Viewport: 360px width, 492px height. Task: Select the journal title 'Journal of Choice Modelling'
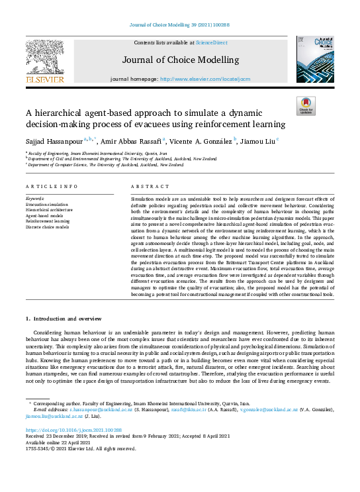click(x=180, y=59)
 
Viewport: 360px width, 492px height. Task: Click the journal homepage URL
click(x=206, y=78)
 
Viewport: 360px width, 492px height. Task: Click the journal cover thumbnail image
click(x=315, y=60)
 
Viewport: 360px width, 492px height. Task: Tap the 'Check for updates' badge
click(x=306, y=106)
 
